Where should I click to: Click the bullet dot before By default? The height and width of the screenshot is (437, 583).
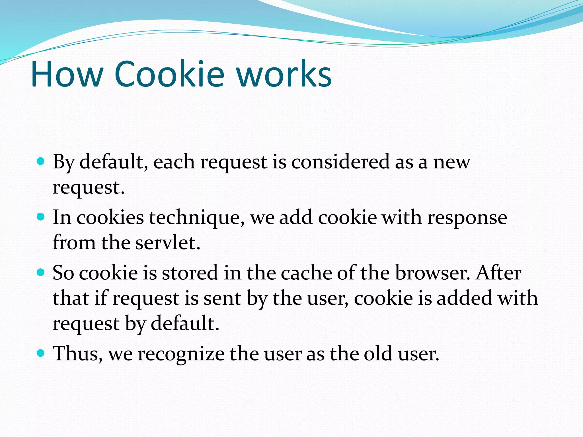[x=41, y=162]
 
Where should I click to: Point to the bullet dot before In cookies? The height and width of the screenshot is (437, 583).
[x=41, y=217]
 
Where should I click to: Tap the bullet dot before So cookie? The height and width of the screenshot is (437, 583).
[x=41, y=273]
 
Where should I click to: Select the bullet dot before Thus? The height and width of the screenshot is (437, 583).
[x=41, y=353]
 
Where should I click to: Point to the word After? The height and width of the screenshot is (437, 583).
[x=498, y=273]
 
